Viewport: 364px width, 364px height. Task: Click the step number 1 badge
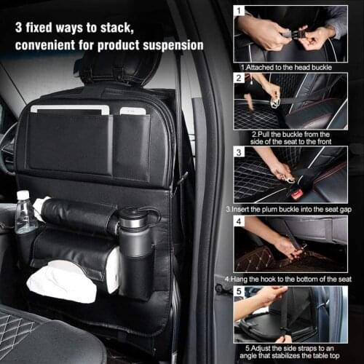(x=238, y=12)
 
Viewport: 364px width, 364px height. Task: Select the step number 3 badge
(x=238, y=153)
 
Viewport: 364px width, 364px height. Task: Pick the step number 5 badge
(x=238, y=291)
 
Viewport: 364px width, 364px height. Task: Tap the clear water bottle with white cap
(x=25, y=213)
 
